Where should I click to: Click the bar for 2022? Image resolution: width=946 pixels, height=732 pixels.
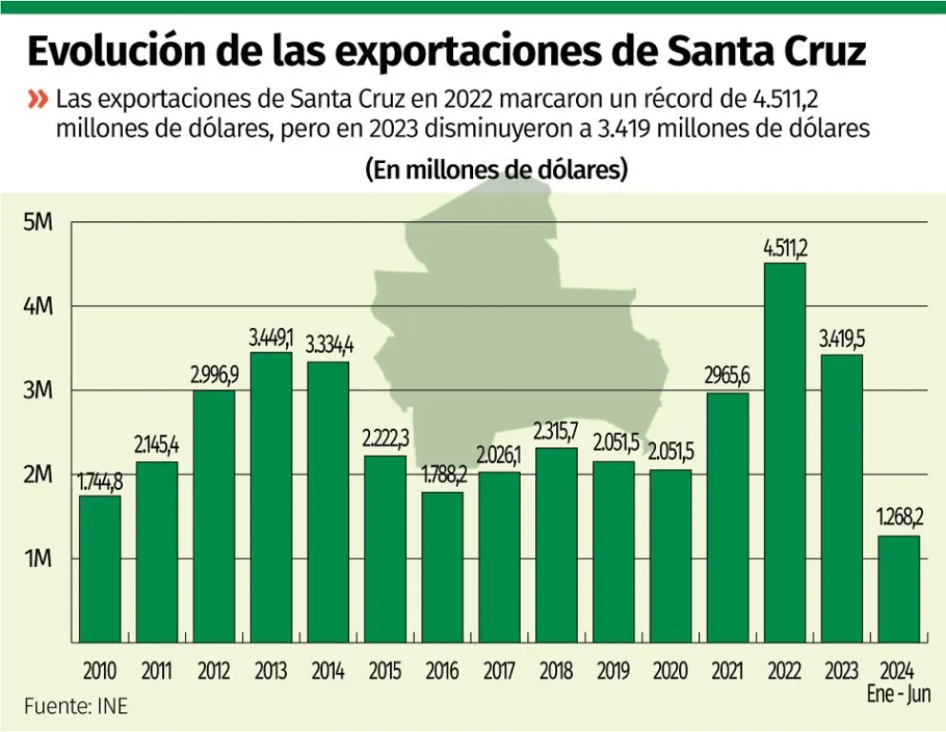tap(785, 453)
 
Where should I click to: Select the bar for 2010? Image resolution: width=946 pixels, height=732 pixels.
tap(100, 569)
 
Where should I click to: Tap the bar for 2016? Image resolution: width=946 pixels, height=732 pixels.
tap(442, 567)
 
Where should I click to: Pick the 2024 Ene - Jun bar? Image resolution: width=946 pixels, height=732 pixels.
tap(898, 589)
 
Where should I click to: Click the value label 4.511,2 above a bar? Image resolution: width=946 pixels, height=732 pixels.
tap(785, 249)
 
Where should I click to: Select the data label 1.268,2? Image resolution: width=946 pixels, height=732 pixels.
tap(898, 520)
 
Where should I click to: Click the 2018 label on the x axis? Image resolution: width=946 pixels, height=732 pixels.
tap(556, 671)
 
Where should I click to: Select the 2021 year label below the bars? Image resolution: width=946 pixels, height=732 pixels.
tap(728, 671)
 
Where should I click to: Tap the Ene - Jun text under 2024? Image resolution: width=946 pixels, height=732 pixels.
tap(898, 694)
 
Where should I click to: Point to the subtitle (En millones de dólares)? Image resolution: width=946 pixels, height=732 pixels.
tap(496, 171)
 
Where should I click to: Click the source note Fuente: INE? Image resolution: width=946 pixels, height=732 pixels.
tap(75, 706)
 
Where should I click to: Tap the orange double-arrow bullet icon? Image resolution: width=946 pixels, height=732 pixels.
tap(38, 99)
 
